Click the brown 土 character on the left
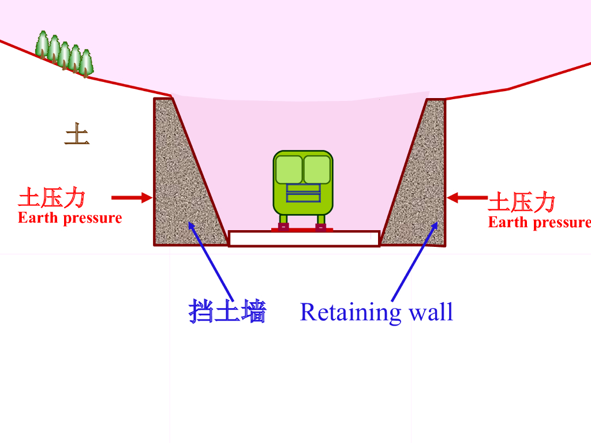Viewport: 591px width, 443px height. (x=77, y=134)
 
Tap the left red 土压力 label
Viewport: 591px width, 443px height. (x=52, y=198)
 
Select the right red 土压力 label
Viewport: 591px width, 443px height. (x=522, y=202)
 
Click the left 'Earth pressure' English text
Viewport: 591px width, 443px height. (x=70, y=218)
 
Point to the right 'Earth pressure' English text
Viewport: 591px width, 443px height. (x=539, y=223)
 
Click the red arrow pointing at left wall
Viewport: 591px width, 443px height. (x=132, y=198)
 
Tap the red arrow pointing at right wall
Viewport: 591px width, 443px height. (x=467, y=198)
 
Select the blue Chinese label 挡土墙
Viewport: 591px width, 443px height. (x=227, y=312)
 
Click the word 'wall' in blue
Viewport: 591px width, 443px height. (x=431, y=312)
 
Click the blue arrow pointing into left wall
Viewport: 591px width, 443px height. (x=210, y=260)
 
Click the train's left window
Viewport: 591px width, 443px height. (x=289, y=170)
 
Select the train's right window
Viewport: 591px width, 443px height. (x=317, y=170)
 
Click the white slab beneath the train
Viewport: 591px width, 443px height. (x=304, y=238)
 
